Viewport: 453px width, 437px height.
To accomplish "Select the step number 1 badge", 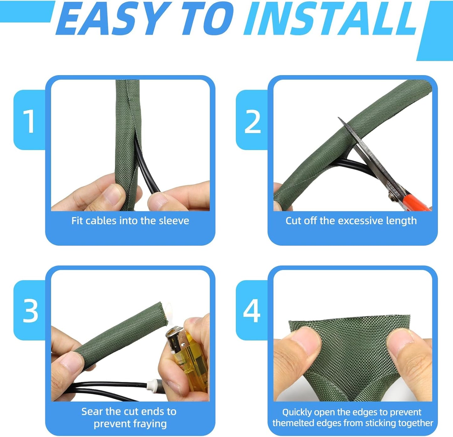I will [x=29, y=121].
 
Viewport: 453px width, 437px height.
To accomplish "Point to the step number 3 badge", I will [x=30, y=311].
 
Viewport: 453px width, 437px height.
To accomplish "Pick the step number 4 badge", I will [x=252, y=311].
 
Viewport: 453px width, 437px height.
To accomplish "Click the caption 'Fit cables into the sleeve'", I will [x=130, y=221].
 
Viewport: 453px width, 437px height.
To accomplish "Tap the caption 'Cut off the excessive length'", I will [x=351, y=221].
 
